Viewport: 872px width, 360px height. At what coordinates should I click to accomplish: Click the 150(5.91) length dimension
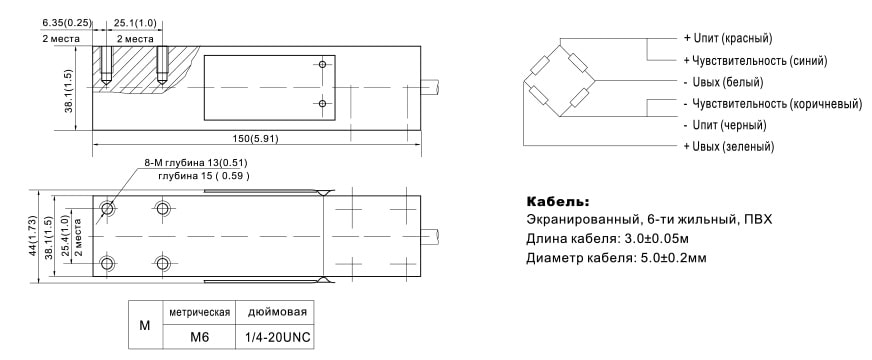coord(256,137)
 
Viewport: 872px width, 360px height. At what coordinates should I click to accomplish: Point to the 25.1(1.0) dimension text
coord(135,23)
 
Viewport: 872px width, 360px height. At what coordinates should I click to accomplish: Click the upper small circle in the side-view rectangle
coord(322,65)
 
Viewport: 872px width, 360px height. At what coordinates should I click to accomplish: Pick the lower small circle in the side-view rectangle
coord(322,103)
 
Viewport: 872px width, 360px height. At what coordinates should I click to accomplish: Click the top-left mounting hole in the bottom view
coord(107,209)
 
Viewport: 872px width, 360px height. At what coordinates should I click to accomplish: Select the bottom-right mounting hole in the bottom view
coord(162,263)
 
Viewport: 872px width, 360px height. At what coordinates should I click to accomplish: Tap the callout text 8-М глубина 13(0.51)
coord(197,162)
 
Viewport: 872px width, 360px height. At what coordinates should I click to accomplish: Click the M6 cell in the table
coord(200,337)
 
